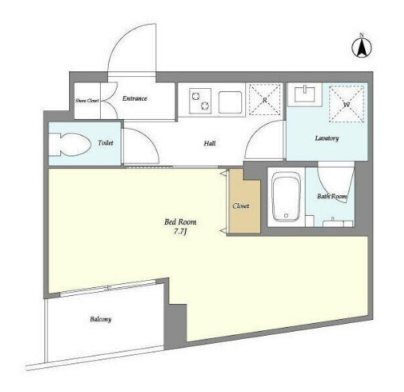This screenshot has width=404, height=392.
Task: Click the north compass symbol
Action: click(x=362, y=47)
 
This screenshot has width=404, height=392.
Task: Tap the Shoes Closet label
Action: click(x=87, y=101)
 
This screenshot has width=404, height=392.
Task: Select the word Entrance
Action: click(x=135, y=98)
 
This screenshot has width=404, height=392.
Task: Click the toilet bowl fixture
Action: click(x=70, y=144)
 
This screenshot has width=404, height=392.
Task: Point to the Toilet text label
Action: click(x=106, y=143)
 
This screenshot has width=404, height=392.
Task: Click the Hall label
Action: click(x=210, y=144)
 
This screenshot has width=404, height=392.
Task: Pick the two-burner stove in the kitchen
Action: click(x=200, y=101)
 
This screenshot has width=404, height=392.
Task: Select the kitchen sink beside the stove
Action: click(x=230, y=102)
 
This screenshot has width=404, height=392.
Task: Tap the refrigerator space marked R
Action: click(x=265, y=99)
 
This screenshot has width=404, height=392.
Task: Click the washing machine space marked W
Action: click(x=346, y=104)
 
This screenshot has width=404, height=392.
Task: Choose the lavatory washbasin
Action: click(x=305, y=94)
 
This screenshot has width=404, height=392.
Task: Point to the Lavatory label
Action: click(x=327, y=138)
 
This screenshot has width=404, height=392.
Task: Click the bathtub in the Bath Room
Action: click(x=287, y=197)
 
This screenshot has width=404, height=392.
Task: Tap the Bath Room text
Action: click(x=333, y=196)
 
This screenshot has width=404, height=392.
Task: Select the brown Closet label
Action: click(x=241, y=206)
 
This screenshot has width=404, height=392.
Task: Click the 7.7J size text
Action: click(x=181, y=232)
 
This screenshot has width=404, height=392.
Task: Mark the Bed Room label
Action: click(x=180, y=221)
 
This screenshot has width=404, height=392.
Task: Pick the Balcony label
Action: click(x=101, y=319)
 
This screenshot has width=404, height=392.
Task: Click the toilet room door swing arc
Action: click(x=149, y=140)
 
